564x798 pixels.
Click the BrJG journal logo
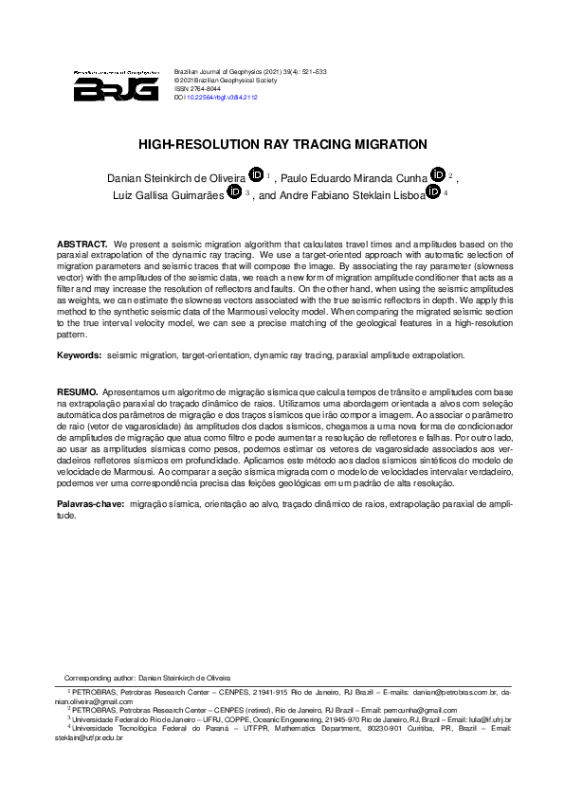coord(116,85)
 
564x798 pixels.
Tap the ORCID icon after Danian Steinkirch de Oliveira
coord(255,173)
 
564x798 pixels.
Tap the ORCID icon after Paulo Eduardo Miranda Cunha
coord(437,173)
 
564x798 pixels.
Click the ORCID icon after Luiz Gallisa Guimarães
coord(234,191)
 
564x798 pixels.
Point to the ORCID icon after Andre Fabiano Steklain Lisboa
coord(433,191)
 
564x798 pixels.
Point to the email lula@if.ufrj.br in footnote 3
coord(486,719)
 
